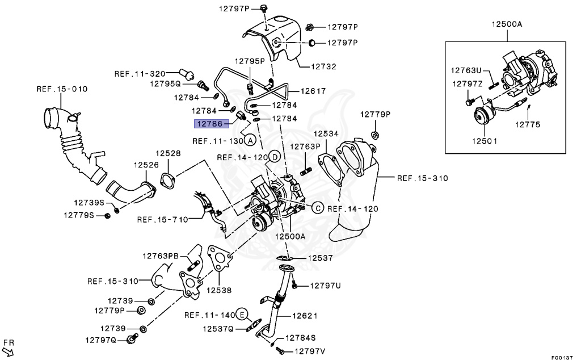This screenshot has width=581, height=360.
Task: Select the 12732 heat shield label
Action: (323, 66)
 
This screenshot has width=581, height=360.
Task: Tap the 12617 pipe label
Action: (313, 90)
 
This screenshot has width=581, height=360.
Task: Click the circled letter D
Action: (274, 157)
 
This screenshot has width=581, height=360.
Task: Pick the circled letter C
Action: (317, 208)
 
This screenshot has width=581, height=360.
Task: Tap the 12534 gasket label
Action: (326, 133)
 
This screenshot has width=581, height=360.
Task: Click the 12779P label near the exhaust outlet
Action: (376, 115)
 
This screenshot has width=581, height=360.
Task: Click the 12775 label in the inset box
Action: (528, 124)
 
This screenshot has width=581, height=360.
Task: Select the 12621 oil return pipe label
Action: (305, 316)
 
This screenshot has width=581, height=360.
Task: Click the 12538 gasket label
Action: (218, 290)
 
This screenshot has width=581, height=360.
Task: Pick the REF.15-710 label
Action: (161, 219)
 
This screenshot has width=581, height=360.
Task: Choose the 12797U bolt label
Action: (325, 286)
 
